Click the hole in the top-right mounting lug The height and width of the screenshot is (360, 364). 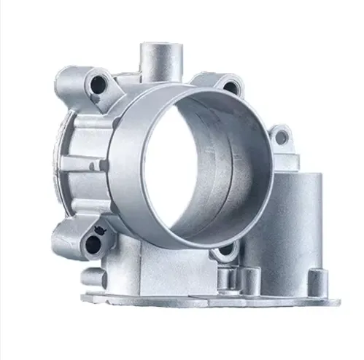coord(231,86)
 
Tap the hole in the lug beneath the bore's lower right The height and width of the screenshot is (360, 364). coord(225,250)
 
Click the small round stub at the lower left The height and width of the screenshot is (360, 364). coord(92,278)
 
